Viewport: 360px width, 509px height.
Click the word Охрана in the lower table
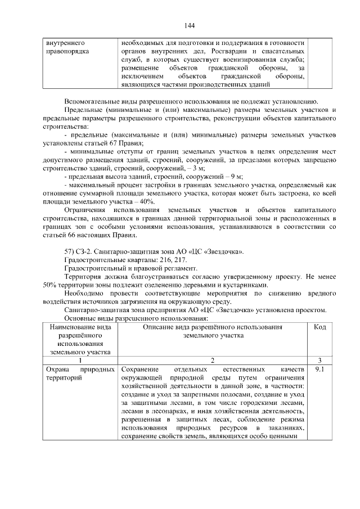click(57, 370)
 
